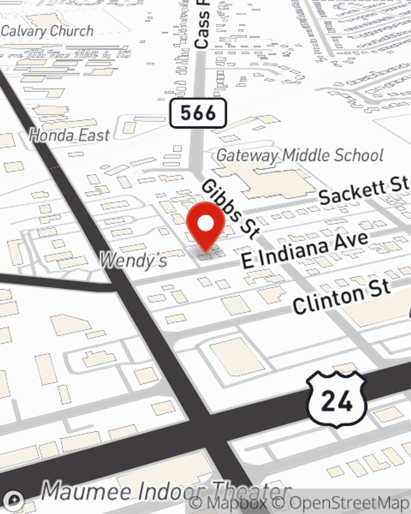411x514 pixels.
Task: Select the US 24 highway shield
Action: tap(337, 400)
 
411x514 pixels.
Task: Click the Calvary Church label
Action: tap(47, 31)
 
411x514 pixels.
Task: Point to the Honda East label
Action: tap(69, 135)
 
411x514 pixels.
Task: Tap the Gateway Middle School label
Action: tap(300, 155)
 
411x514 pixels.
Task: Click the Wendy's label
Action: tap(134, 260)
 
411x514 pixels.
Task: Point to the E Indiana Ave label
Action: tap(305, 250)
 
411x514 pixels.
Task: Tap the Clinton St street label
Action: tap(341, 296)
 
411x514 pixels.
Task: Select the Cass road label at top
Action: tap(202, 25)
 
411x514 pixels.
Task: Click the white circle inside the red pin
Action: tap(205, 223)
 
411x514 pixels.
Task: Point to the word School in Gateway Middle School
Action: tap(358, 155)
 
